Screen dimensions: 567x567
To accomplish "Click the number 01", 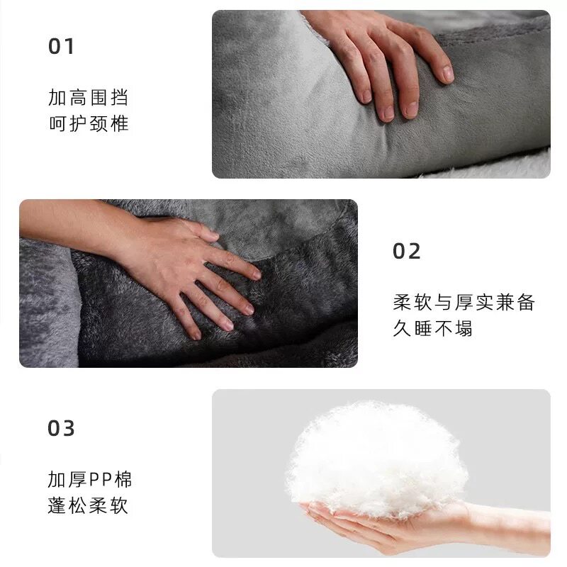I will click(61, 47).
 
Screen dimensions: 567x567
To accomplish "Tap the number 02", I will click(407, 252).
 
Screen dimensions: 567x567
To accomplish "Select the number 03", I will click(61, 429).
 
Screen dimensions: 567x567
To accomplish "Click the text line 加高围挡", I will click(89, 97).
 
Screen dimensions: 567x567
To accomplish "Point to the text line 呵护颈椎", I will click(89, 124).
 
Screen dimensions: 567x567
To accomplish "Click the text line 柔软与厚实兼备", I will click(464, 303).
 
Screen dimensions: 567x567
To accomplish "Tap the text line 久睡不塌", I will click(432, 329).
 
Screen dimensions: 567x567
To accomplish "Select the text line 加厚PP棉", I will click(90, 480).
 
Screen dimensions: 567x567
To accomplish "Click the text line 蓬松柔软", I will click(89, 507).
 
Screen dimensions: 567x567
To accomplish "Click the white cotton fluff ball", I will click(376, 454).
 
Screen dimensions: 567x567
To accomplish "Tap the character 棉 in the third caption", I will click(123, 480).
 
